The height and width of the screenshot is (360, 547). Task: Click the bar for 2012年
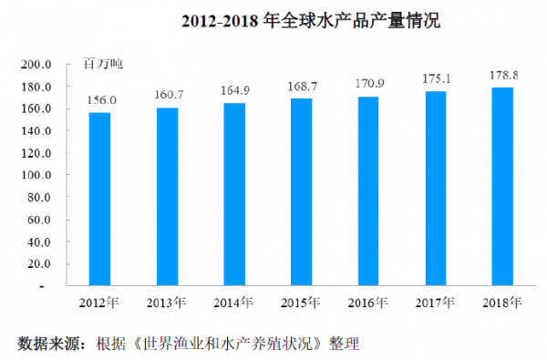[x=99, y=199]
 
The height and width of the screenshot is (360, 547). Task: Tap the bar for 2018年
[x=502, y=186]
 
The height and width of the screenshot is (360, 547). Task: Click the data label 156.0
[x=100, y=101]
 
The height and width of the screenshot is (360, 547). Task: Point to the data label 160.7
[x=168, y=96]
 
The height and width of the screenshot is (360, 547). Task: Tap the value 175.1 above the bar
[x=436, y=80]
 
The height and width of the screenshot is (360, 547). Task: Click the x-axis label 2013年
[x=168, y=302]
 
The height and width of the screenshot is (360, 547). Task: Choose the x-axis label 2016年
[x=369, y=302]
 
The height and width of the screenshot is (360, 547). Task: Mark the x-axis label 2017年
[x=436, y=302]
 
